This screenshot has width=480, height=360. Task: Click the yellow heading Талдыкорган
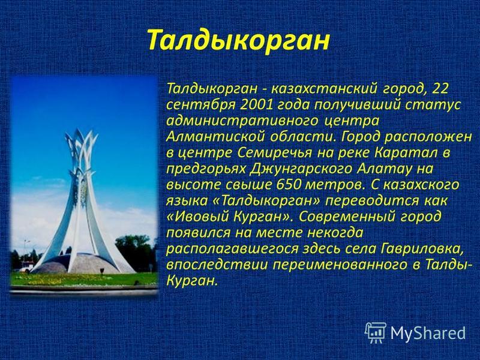coord(238,40)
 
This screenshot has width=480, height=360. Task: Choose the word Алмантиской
coord(215,137)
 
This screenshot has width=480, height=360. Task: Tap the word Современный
coord(347,217)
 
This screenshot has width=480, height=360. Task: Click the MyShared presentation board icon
coord(376,332)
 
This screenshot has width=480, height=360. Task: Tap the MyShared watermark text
coord(428,333)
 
